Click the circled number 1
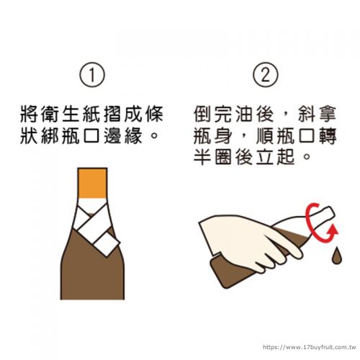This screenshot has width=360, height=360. coord(92,74)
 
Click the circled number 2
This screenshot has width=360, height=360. coord(266,74)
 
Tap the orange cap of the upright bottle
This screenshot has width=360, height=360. coord(92,183)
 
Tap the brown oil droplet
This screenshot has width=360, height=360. coord(336,256)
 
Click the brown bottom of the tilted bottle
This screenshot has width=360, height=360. coord(223,274)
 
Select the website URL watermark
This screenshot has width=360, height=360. coord(309,347)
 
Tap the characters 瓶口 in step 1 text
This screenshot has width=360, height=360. coord(81,135)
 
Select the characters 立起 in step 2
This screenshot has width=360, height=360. coord(276,157)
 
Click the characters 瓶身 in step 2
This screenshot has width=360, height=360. coord(212,135)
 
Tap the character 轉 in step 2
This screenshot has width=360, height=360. coord(328,135)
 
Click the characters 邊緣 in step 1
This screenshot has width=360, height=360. coord(123,135)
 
